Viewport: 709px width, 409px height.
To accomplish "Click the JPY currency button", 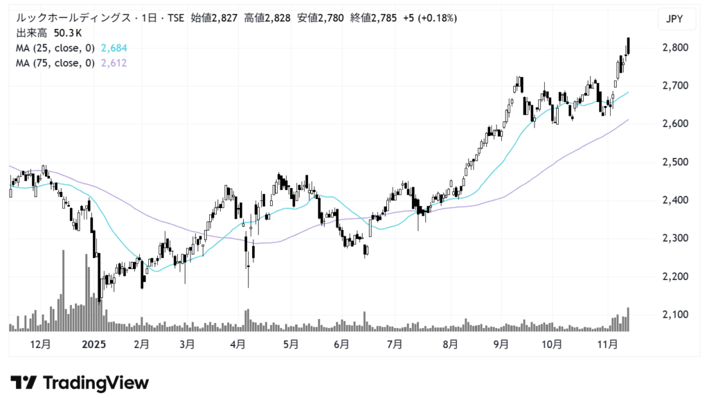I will (674, 19).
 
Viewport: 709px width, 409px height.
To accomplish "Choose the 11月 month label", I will (608, 344).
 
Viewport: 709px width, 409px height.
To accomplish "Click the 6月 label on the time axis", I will (341, 344).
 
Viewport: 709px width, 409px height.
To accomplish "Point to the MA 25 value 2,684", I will (114, 48).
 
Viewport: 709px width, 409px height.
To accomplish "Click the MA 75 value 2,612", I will (114, 63).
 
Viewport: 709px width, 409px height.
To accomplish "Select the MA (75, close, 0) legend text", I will (55, 63).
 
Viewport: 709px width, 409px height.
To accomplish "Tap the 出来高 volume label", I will (29, 33).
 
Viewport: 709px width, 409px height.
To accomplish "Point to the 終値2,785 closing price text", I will (374, 18).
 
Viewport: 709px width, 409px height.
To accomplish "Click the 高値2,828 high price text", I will (267, 18).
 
